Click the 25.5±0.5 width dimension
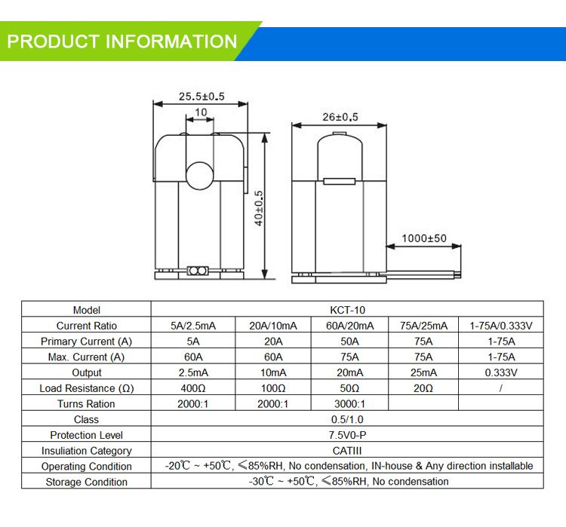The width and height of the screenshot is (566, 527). point(201,97)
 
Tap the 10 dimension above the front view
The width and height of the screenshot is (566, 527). point(201,112)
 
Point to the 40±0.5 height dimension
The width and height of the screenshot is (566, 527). point(259,207)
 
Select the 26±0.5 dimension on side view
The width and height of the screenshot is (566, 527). point(340,117)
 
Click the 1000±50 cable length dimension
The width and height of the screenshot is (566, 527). point(423,238)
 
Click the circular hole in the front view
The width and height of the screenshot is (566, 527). point(201,174)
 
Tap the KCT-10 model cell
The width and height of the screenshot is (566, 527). point(348,310)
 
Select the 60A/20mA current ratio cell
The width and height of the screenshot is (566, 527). point(348,326)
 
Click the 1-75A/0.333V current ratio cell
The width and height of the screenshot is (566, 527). point(501,326)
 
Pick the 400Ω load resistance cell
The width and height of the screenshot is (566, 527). point(193,388)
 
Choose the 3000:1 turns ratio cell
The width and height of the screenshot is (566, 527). point(348,404)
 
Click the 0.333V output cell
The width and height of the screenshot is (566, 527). point(501,372)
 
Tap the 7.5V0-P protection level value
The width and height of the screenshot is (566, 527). point(348,435)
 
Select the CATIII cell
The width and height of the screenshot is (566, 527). point(348,451)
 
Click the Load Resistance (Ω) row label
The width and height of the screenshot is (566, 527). point(87,388)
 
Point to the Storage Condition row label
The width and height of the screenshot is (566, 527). point(87,482)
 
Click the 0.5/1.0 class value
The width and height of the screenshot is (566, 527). point(348,419)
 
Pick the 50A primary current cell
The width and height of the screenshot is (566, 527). point(348,342)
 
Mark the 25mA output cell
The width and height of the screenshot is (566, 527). point(423,372)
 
